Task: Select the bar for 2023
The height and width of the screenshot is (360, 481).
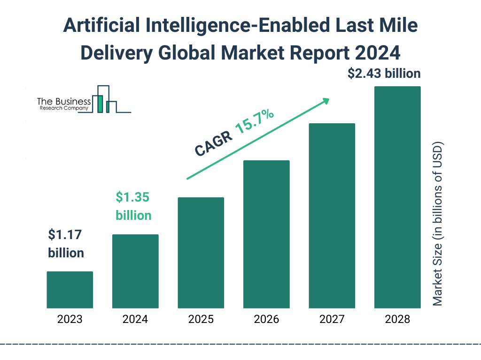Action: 70,290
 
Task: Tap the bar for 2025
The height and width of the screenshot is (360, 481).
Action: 201,253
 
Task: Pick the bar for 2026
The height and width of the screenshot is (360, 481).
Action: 266,234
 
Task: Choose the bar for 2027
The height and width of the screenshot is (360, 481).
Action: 332,216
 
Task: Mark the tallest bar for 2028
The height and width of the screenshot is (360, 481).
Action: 397,197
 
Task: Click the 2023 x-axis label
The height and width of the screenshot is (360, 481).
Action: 70,320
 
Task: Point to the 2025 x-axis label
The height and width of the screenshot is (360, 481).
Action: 201,320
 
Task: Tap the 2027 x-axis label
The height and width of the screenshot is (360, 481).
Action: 332,320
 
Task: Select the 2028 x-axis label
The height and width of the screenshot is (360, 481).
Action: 397,320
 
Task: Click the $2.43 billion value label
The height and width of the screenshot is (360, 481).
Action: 384,74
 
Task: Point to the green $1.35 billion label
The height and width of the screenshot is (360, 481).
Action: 133,206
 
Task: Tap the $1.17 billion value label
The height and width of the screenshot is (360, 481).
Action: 66,244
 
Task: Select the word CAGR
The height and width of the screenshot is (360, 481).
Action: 212,143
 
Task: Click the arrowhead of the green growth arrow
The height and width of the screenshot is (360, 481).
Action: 325,101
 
